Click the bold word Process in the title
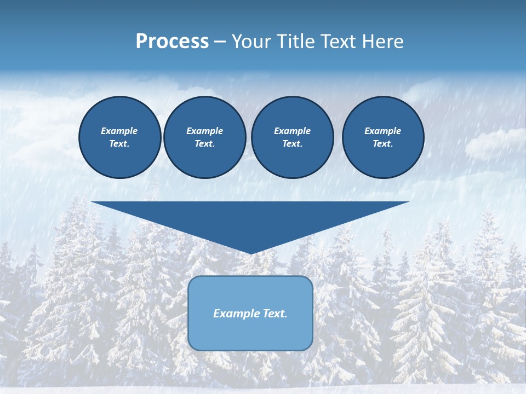click(x=172, y=42)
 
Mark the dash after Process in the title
click(x=220, y=42)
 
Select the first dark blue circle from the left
click(x=120, y=137)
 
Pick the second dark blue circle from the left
click(x=205, y=137)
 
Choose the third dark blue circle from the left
click(x=292, y=137)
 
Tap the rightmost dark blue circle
click(x=383, y=137)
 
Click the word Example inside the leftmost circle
click(x=119, y=131)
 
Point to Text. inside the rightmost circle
click(x=383, y=144)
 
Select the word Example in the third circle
click(x=292, y=131)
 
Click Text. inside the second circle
click(x=205, y=144)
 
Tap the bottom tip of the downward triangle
click(x=251, y=253)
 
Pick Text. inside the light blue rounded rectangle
click(x=275, y=314)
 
